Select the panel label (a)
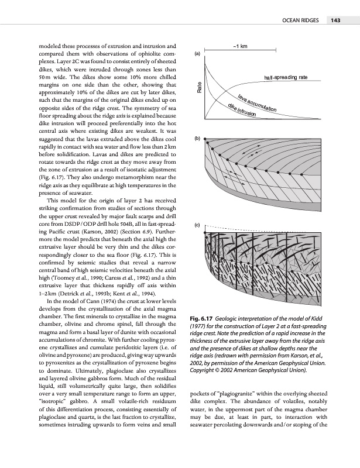(198, 54)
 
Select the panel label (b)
(198, 139)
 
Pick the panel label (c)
(198, 225)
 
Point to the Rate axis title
(200, 89)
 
